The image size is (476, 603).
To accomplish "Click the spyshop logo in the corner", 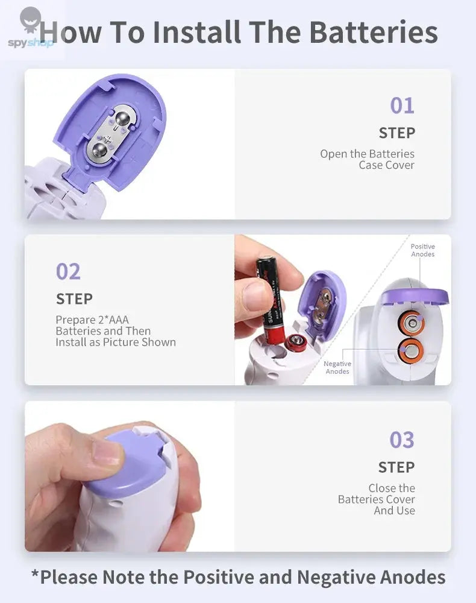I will click(30, 30).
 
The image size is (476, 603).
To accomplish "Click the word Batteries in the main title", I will click(374, 33).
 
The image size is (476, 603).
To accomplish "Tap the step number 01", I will click(402, 106).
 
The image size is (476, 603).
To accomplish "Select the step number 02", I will click(68, 272).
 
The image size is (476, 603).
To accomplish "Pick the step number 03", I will click(402, 440).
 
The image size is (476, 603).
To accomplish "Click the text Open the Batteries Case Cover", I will click(367, 159).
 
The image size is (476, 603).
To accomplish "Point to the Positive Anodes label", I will click(422, 250).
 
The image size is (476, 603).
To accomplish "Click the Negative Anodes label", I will click(337, 367).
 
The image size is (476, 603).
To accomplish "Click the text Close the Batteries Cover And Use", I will click(377, 499).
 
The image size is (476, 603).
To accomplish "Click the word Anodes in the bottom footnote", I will click(413, 577).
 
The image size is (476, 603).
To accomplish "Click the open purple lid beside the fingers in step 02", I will click(324, 301).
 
